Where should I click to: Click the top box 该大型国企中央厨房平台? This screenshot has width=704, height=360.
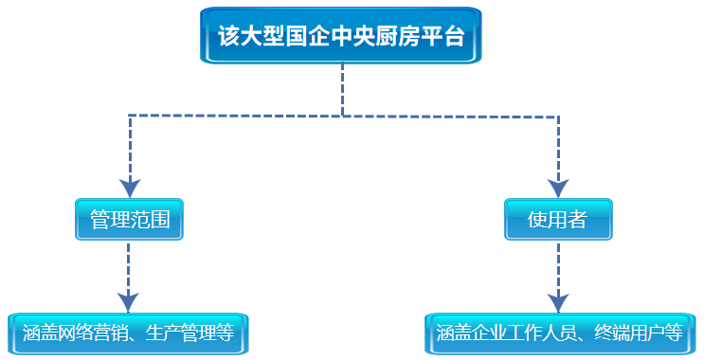341,36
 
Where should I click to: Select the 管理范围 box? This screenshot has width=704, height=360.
129,221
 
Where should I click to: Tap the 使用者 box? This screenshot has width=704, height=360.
558,221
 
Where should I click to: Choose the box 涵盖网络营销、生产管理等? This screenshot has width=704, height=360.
128,333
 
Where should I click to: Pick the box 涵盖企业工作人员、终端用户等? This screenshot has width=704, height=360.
559,333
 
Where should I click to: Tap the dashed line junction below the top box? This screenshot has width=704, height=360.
342,116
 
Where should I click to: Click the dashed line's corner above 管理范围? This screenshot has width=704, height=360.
129,116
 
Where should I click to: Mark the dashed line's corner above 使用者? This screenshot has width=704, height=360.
558,116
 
